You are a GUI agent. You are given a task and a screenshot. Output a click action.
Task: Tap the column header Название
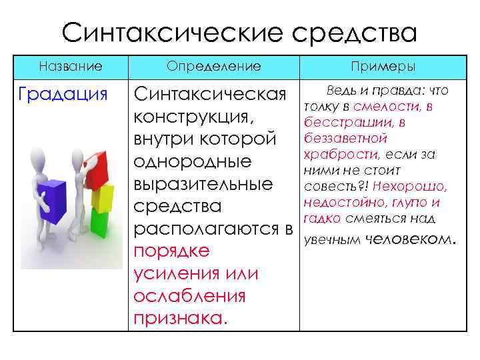tap(71, 67)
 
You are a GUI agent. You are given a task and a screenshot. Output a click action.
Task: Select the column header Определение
tap(213, 67)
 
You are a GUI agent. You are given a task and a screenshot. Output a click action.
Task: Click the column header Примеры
tap(388, 67)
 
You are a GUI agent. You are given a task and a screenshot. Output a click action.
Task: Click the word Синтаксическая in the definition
tap(210, 94)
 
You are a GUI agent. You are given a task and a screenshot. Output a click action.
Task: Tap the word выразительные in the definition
tap(203, 184)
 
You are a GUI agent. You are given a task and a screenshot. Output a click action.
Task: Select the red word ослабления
tap(189, 297)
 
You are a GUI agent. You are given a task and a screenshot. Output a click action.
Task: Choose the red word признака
tap(180, 319)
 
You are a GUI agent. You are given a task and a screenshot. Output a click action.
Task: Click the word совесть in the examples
tap(330, 186)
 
